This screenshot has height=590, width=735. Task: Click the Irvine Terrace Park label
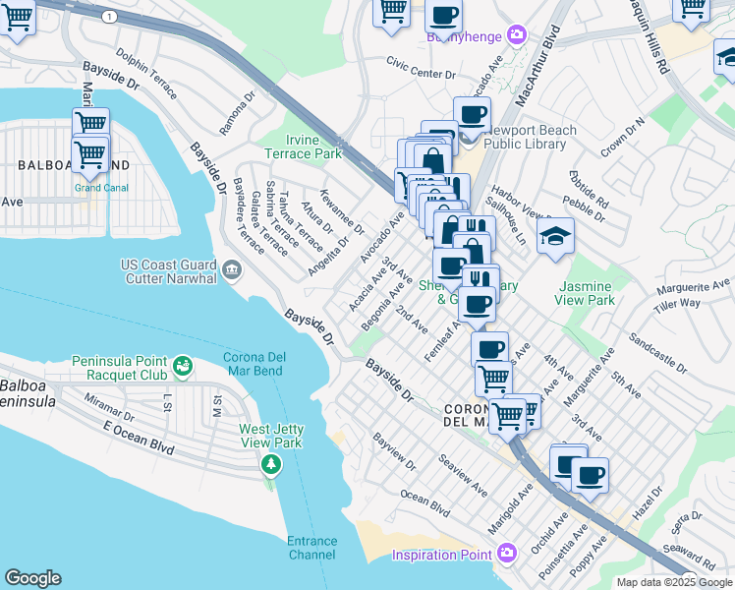pos(303,147)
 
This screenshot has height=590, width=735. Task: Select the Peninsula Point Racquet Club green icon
pos(182,368)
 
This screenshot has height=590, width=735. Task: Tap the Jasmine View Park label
pos(587,293)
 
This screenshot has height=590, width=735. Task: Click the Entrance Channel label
pos(311,549)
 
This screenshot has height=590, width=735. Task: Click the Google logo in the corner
pos(32,578)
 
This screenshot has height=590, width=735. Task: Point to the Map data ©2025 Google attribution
pos(674,582)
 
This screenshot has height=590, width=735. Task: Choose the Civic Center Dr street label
pos(422,74)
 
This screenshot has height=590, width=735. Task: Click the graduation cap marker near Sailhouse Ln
pos(555,236)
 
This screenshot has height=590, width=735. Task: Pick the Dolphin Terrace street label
pos(145,74)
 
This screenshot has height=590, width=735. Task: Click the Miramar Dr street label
pos(108,402)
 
